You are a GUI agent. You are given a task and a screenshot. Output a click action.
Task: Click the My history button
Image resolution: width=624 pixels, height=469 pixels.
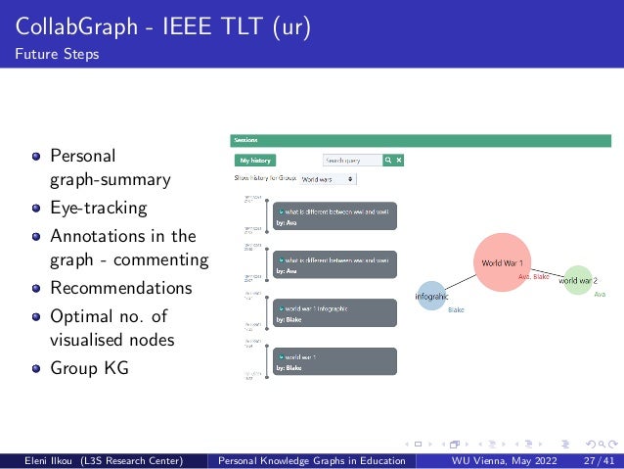(x=254, y=160)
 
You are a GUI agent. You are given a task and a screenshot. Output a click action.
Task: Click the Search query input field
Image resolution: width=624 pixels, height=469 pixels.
(x=350, y=160)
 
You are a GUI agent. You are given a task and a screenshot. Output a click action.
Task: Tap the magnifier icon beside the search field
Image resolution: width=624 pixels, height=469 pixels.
(x=387, y=160)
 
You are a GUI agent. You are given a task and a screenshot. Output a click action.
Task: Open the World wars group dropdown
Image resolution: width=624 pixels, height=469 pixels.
(x=328, y=179)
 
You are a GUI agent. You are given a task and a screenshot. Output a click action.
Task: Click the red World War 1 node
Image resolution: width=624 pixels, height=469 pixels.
(x=503, y=262)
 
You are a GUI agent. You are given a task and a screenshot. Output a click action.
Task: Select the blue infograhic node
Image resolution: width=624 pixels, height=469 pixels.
(x=431, y=296)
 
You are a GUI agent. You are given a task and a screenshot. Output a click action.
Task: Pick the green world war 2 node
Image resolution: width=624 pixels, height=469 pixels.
(x=578, y=280)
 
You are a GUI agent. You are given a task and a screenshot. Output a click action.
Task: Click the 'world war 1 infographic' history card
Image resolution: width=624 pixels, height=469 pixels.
(x=335, y=312)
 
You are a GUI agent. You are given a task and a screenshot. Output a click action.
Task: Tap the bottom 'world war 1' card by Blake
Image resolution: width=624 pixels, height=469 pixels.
(x=335, y=361)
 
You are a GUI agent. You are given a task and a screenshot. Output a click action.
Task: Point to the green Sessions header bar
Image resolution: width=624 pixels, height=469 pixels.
(x=421, y=141)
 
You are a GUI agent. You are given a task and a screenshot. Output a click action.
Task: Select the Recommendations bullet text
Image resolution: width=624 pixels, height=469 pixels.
(x=121, y=288)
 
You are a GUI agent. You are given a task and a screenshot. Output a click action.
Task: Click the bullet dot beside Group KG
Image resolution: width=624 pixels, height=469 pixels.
(x=36, y=369)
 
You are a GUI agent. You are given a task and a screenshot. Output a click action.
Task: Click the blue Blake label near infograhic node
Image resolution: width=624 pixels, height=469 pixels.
(x=456, y=310)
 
